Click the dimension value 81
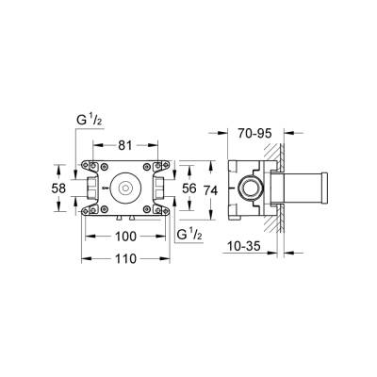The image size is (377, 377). (125, 144)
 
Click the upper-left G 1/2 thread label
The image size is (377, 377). (89, 121)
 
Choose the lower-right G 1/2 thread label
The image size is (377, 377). (190, 232)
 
